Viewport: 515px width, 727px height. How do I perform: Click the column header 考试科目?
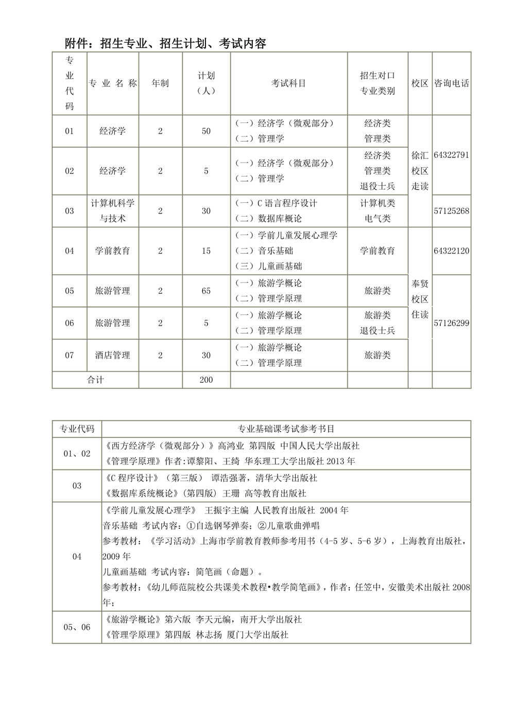coord(288,83)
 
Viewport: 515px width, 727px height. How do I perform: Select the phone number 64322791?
coord(452,155)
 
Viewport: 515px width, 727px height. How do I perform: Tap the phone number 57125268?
coord(452,211)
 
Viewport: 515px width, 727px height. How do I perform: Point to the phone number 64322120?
coord(452,251)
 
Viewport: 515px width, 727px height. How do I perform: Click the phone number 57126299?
coord(452,323)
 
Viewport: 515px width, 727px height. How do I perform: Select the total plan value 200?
coord(206,380)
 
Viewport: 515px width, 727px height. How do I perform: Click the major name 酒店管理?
coord(113,355)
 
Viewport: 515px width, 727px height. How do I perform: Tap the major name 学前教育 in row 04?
coord(113,251)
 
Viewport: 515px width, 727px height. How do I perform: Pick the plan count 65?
coord(206,291)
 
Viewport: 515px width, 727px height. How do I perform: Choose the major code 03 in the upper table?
coord(70,211)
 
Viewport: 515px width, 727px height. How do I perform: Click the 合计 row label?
coord(95,380)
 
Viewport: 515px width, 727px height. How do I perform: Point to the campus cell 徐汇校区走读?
coord(420,171)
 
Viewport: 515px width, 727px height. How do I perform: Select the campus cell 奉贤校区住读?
coord(420,299)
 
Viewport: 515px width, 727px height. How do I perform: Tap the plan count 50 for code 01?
coord(206,131)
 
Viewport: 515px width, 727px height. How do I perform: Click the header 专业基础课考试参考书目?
coord(286,429)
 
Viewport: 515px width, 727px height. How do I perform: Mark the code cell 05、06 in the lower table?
coord(77,627)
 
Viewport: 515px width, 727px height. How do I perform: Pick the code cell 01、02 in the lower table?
coord(77,454)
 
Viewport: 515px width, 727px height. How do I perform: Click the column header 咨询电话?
coord(452,83)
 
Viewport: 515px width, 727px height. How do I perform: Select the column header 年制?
coord(160,83)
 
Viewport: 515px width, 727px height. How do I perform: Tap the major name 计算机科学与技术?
coord(113,211)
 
